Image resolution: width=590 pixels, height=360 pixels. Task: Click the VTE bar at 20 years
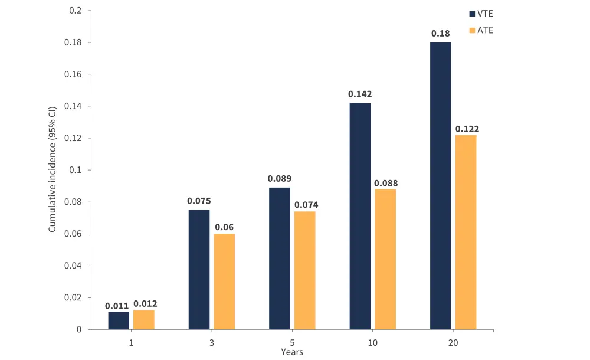440,186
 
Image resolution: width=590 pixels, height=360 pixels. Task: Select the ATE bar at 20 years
466,232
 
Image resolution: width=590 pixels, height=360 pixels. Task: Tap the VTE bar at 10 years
360,216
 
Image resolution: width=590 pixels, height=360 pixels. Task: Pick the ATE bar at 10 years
385,259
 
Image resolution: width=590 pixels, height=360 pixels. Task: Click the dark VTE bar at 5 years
280,258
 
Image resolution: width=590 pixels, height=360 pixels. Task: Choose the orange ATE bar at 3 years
224,282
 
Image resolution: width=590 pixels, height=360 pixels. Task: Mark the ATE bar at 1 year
144,320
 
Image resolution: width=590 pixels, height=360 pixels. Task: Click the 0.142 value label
360,94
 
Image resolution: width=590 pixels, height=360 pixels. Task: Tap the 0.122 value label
466,129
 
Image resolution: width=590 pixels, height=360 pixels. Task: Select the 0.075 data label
199,201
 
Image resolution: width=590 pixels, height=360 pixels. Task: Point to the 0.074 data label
305,204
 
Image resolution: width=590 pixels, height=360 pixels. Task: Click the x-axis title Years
292,352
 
